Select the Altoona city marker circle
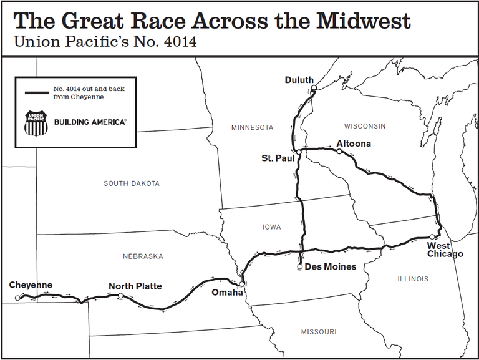(x=339, y=151)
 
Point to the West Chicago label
(x=445, y=250)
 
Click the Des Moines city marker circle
(x=300, y=267)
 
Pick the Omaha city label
(x=225, y=293)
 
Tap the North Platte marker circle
(x=120, y=296)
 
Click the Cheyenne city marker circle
(x=17, y=298)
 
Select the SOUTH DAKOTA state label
(x=131, y=183)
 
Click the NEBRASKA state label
(x=142, y=256)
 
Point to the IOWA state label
(x=271, y=227)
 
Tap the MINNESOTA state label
(x=252, y=127)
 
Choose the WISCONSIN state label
(x=365, y=126)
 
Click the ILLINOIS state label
(x=413, y=279)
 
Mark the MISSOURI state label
(x=318, y=331)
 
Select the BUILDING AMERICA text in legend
(x=90, y=122)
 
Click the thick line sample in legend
(x=37, y=93)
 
